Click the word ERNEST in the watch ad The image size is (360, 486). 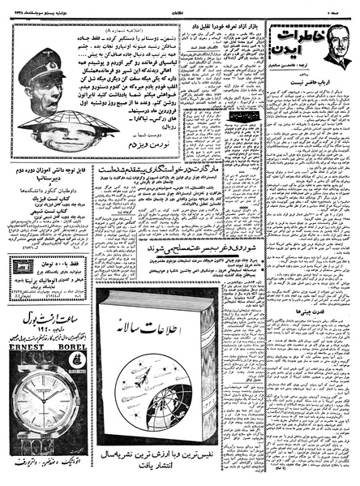pos(25,376)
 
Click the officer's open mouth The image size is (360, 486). pos(33,99)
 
